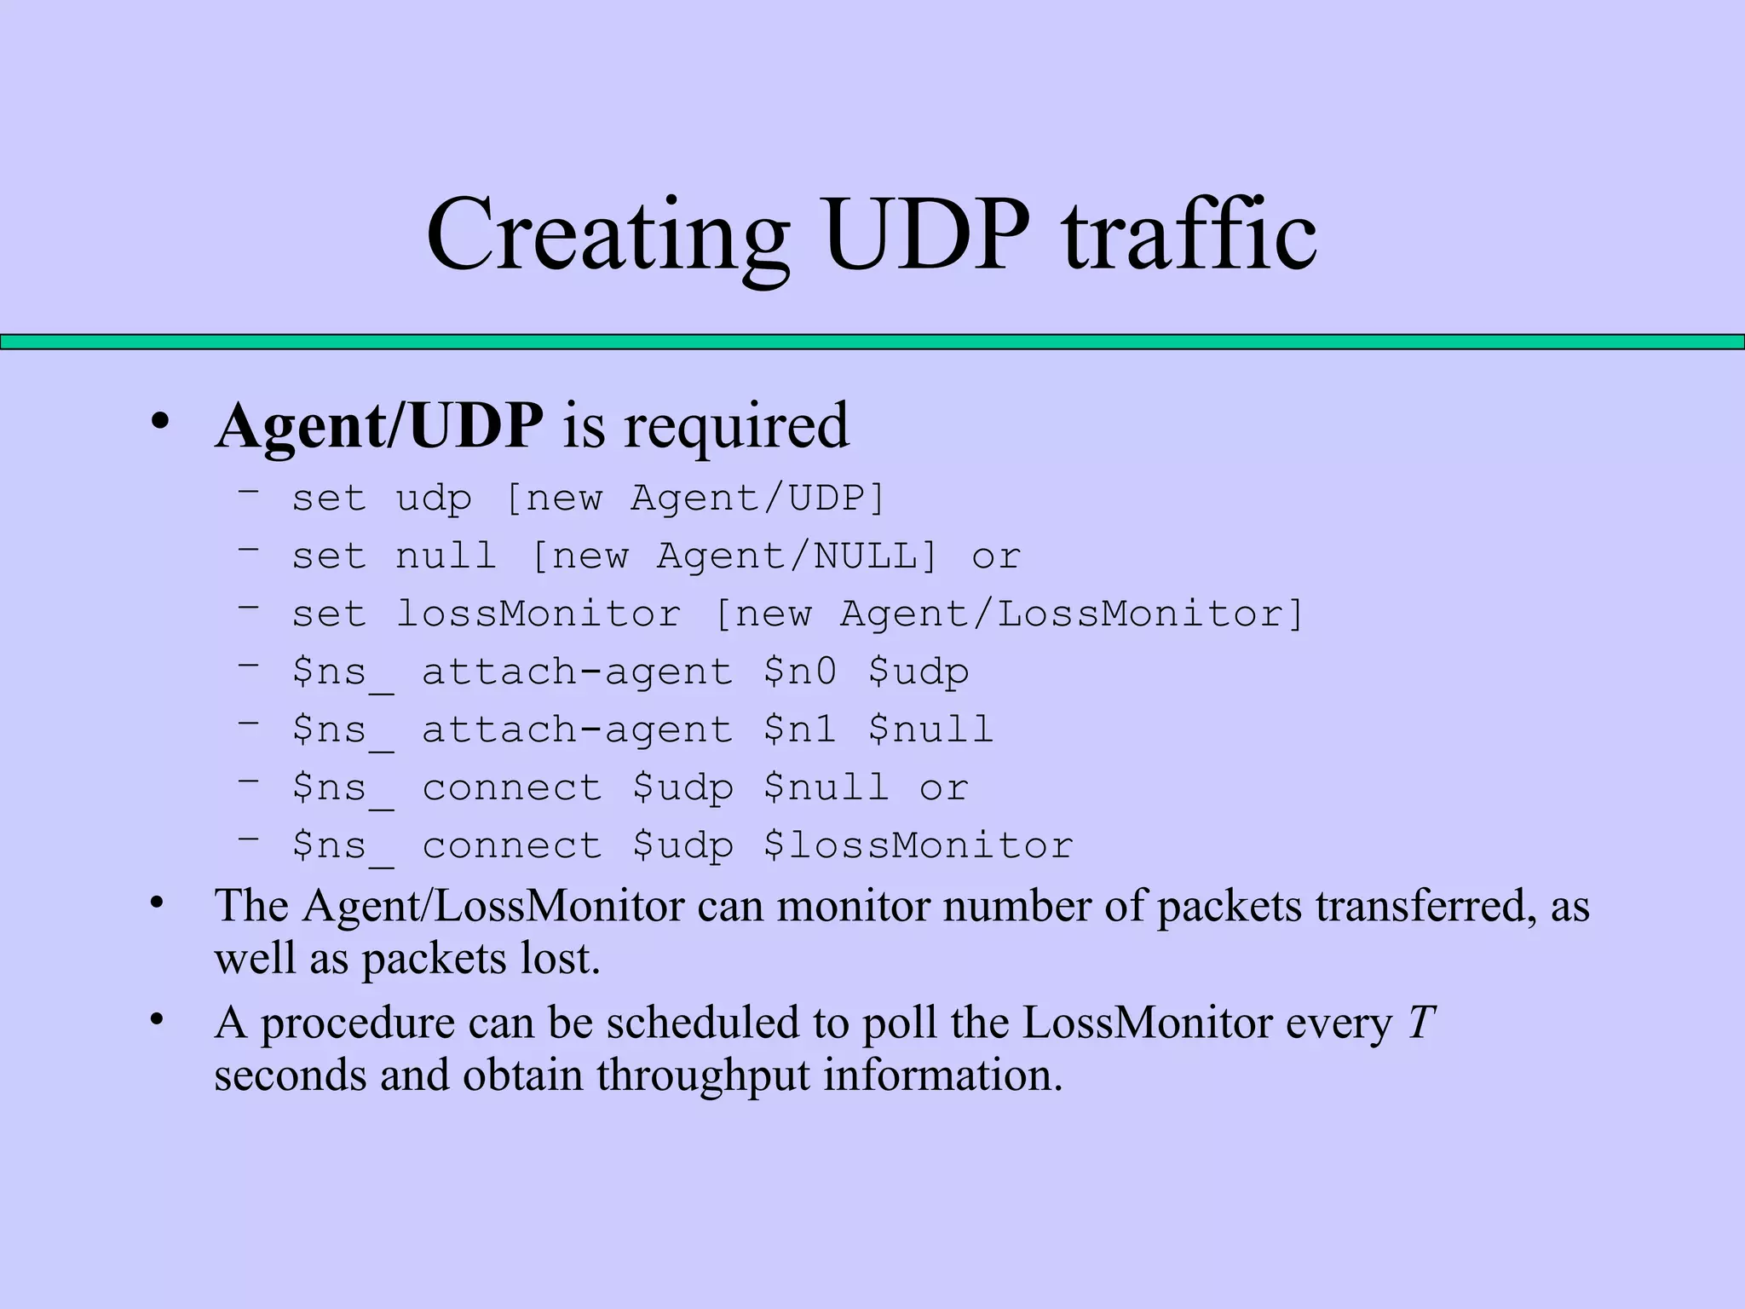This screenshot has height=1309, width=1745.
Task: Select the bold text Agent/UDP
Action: click(379, 425)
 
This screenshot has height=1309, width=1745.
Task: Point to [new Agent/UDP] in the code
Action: click(695, 498)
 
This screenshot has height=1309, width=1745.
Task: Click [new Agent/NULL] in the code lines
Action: click(734, 556)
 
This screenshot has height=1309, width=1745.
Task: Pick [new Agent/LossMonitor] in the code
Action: click(1009, 614)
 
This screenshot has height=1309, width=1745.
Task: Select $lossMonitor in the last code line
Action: click(918, 846)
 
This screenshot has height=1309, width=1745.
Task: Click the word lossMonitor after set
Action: click(538, 614)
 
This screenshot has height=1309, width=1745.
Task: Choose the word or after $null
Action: click(943, 788)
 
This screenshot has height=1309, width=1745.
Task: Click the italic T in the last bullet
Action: click(1420, 1023)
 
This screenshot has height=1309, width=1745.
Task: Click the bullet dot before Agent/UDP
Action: click(158, 423)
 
